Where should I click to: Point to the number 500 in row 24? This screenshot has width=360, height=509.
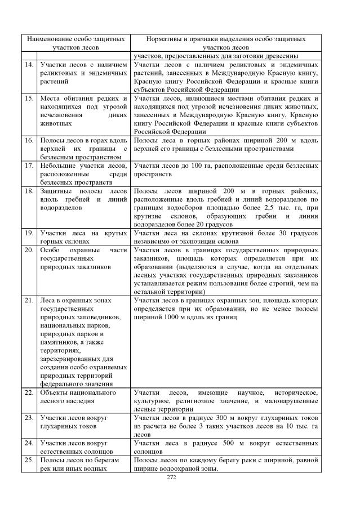[x=235, y=443]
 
